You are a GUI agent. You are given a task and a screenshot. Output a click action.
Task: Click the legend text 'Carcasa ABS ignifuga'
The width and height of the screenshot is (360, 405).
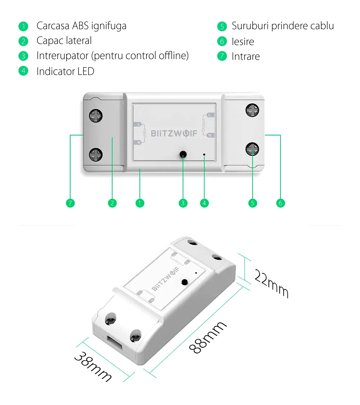[81, 26]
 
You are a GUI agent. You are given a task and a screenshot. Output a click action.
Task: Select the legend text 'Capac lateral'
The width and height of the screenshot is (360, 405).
[64, 41]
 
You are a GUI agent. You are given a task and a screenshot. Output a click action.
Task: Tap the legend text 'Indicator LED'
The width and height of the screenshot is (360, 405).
[65, 71]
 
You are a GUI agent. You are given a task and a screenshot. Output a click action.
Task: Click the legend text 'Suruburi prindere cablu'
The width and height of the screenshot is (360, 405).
[283, 26]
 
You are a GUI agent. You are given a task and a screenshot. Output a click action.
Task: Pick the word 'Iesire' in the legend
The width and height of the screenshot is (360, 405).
[243, 41]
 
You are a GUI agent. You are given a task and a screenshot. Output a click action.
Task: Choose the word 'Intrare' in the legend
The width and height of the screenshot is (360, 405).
[246, 57]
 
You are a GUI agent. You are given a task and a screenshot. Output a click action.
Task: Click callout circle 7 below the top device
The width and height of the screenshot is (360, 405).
[70, 203]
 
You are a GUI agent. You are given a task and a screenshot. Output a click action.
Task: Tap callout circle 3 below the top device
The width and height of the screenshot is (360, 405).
[183, 203]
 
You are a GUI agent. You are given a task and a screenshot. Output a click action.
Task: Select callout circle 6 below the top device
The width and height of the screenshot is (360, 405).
[280, 203]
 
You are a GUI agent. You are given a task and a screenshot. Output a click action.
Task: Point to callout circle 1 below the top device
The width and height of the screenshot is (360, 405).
[140, 203]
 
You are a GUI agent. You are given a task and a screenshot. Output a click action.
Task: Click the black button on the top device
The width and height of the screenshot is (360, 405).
[183, 155]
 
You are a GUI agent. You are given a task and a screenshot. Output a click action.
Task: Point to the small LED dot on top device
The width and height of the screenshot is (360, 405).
[204, 155]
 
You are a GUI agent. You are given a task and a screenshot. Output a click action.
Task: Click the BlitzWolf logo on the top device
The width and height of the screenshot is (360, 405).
[174, 134]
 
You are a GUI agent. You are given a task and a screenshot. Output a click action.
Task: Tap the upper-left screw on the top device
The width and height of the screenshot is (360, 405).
[96, 116]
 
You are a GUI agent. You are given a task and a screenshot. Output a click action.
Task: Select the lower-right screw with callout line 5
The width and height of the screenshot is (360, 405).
[252, 148]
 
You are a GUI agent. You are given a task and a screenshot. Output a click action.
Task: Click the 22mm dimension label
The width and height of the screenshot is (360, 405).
[272, 283]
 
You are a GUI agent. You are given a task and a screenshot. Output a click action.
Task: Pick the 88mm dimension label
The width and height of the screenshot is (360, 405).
[208, 337]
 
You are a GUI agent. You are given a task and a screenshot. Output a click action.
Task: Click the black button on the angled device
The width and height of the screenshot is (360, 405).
[185, 282]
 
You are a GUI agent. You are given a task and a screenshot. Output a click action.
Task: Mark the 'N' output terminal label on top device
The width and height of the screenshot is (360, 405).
[211, 135]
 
